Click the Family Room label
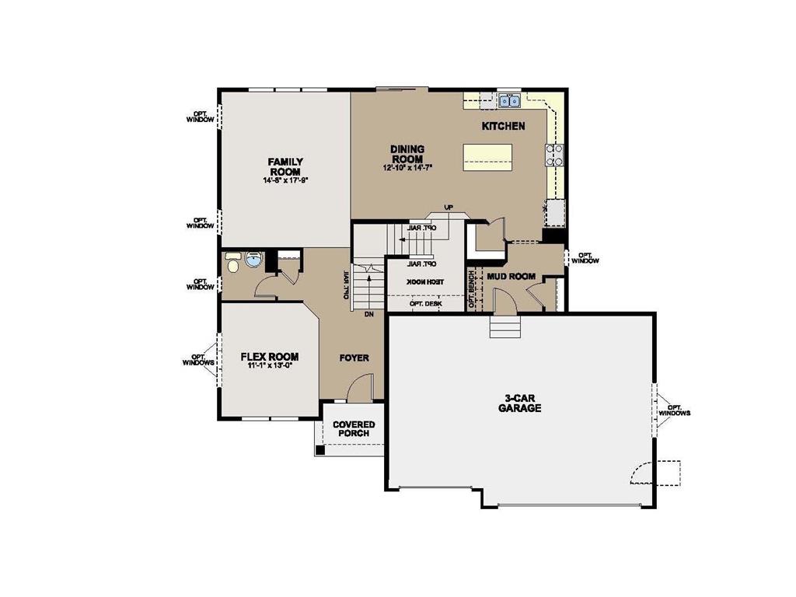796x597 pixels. tap(286, 166)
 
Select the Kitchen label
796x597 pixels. tap(503, 126)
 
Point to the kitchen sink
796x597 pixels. tap(510, 100)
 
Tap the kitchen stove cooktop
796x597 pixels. tap(555, 155)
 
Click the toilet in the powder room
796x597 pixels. tap(232, 264)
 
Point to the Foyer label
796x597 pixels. tap(354, 358)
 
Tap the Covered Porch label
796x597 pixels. tap(354, 429)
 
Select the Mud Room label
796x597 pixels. tap(511, 276)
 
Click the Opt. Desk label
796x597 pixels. tap(425, 304)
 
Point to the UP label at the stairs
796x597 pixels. tap(448, 207)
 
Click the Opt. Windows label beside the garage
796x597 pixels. tap(674, 410)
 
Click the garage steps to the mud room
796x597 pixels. tap(503, 327)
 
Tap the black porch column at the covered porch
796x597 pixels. tap(320, 449)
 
